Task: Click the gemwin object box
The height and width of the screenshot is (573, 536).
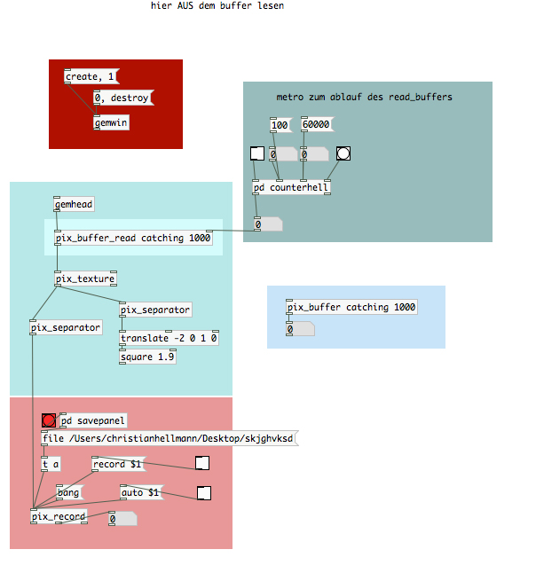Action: coord(111,122)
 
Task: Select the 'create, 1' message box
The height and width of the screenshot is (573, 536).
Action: coord(91,76)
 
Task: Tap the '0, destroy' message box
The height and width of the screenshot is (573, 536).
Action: coord(123,98)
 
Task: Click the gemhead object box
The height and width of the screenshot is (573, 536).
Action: coord(74,204)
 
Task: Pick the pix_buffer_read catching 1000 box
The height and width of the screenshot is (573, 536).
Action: coord(133,238)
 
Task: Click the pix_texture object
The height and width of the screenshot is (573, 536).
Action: coord(85,279)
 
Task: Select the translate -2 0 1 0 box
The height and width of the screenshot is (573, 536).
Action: coord(169,338)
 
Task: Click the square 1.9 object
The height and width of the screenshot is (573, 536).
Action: coord(147,357)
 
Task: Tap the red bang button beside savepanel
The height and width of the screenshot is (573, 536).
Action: coord(49,420)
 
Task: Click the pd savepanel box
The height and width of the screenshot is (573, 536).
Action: coord(93,420)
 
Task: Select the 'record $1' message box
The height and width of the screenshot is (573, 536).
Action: coord(118,464)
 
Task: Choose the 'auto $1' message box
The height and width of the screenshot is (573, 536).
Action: coord(142,492)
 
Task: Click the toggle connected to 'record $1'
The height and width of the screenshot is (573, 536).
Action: coord(202,463)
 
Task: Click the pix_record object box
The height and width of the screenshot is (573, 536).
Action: coord(59,516)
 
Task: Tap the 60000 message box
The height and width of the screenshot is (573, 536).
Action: coord(318,124)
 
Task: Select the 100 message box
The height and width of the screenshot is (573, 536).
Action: coord(281,125)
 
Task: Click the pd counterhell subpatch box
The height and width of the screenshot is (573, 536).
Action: coord(292,187)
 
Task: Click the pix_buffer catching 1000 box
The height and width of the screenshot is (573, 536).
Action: coord(351,307)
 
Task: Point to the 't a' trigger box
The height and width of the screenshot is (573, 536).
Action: coord(51,464)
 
